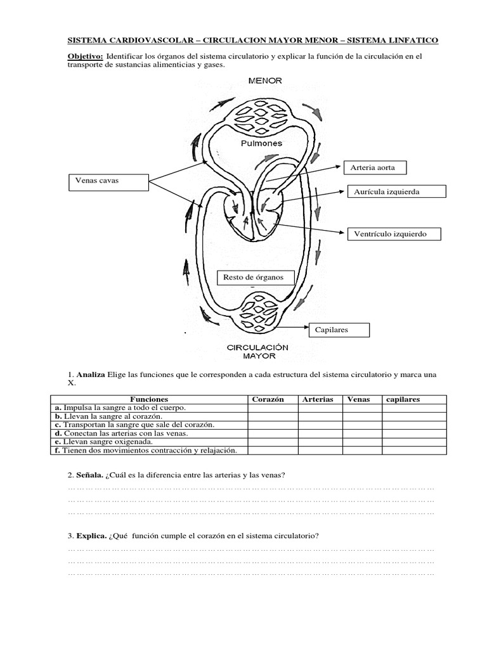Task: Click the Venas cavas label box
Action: point(107,181)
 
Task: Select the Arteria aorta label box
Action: point(373,168)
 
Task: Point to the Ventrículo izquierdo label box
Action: point(394,234)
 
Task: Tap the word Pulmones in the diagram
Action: point(261,143)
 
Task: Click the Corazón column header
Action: point(268,399)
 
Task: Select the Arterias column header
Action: point(318,399)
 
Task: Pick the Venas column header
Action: point(359,399)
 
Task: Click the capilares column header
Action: point(403,399)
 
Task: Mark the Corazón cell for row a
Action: point(273,408)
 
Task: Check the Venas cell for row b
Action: point(362,416)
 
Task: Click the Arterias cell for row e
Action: point(321,442)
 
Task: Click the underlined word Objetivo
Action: point(86,56)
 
